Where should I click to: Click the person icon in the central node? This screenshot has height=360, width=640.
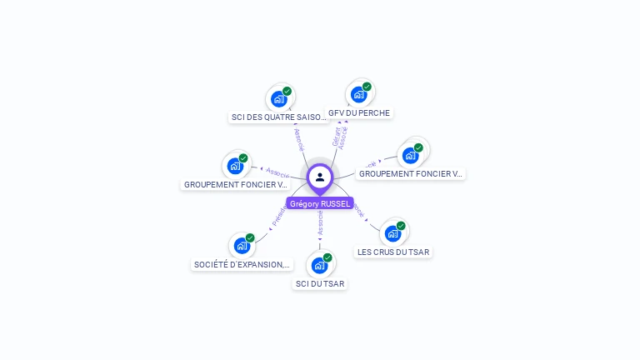pyautogui.click(x=320, y=177)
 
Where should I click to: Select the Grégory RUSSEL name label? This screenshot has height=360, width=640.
pyautogui.click(x=320, y=203)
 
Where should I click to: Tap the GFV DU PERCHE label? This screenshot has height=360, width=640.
pyautogui.click(x=359, y=112)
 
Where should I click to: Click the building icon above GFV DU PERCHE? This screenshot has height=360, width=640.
pyautogui.click(x=358, y=94)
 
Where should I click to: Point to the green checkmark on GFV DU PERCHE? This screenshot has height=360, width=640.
pyautogui.click(x=367, y=87)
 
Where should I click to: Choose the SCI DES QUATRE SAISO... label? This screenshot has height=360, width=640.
pyautogui.click(x=278, y=117)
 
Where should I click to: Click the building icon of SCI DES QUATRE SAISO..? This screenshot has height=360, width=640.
pyautogui.click(x=278, y=99)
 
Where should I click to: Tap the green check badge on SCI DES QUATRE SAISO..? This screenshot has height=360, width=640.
pyautogui.click(x=287, y=92)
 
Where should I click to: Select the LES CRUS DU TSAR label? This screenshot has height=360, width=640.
pyautogui.click(x=393, y=252)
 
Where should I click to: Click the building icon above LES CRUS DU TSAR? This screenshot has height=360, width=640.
pyautogui.click(x=392, y=233)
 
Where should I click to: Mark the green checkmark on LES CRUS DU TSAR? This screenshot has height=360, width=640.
pyautogui.click(x=401, y=226)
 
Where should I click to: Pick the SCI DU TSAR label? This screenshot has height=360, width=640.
pyautogui.click(x=320, y=283)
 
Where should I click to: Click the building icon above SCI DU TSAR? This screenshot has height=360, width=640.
pyautogui.click(x=319, y=265)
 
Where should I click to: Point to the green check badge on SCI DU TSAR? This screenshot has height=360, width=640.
pyautogui.click(x=327, y=257)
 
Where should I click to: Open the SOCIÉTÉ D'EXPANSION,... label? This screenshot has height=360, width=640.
pyautogui.click(x=242, y=264)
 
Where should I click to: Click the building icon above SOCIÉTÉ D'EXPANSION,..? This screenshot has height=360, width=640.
pyautogui.click(x=242, y=245)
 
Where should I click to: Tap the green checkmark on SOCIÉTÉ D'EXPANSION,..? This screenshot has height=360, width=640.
pyautogui.click(x=250, y=237)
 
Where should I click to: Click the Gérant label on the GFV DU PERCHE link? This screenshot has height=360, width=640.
pyautogui.click(x=336, y=137)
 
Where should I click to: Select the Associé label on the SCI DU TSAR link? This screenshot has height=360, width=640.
pyautogui.click(x=320, y=222)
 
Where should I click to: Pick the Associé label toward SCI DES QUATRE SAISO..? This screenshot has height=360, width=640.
pyautogui.click(x=298, y=139)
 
